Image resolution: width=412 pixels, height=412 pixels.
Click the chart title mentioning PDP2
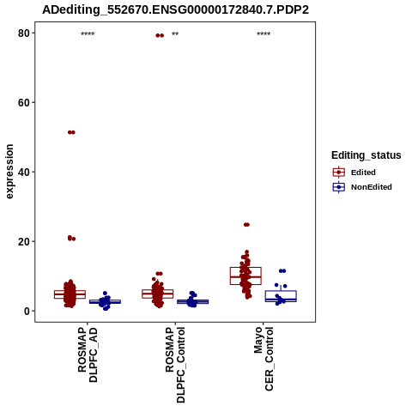(x=175, y=10)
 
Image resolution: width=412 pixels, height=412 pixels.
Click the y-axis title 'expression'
(x=9, y=172)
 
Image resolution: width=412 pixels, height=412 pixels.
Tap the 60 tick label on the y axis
(x=24, y=103)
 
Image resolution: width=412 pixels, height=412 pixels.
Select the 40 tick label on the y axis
(x=24, y=172)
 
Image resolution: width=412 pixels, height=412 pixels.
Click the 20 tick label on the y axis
(x=24, y=241)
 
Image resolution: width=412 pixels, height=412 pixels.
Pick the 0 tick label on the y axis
(x=27, y=311)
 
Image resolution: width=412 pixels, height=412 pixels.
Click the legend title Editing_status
(x=367, y=155)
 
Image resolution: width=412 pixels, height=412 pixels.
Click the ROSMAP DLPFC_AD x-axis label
(x=88, y=354)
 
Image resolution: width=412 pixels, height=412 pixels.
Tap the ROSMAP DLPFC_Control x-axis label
(x=175, y=365)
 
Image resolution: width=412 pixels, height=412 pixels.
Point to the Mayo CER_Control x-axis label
(x=264, y=359)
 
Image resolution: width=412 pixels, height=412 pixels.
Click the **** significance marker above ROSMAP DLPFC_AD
(x=88, y=33)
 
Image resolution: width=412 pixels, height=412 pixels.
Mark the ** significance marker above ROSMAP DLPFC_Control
(x=175, y=33)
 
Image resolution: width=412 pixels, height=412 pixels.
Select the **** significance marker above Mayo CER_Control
(x=264, y=33)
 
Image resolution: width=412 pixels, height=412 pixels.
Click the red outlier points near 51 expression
(x=71, y=132)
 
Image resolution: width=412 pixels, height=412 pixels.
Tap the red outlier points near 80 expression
(x=160, y=35)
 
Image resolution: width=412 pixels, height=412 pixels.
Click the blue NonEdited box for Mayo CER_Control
(x=281, y=296)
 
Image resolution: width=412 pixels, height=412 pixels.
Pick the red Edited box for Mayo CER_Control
(x=245, y=276)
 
